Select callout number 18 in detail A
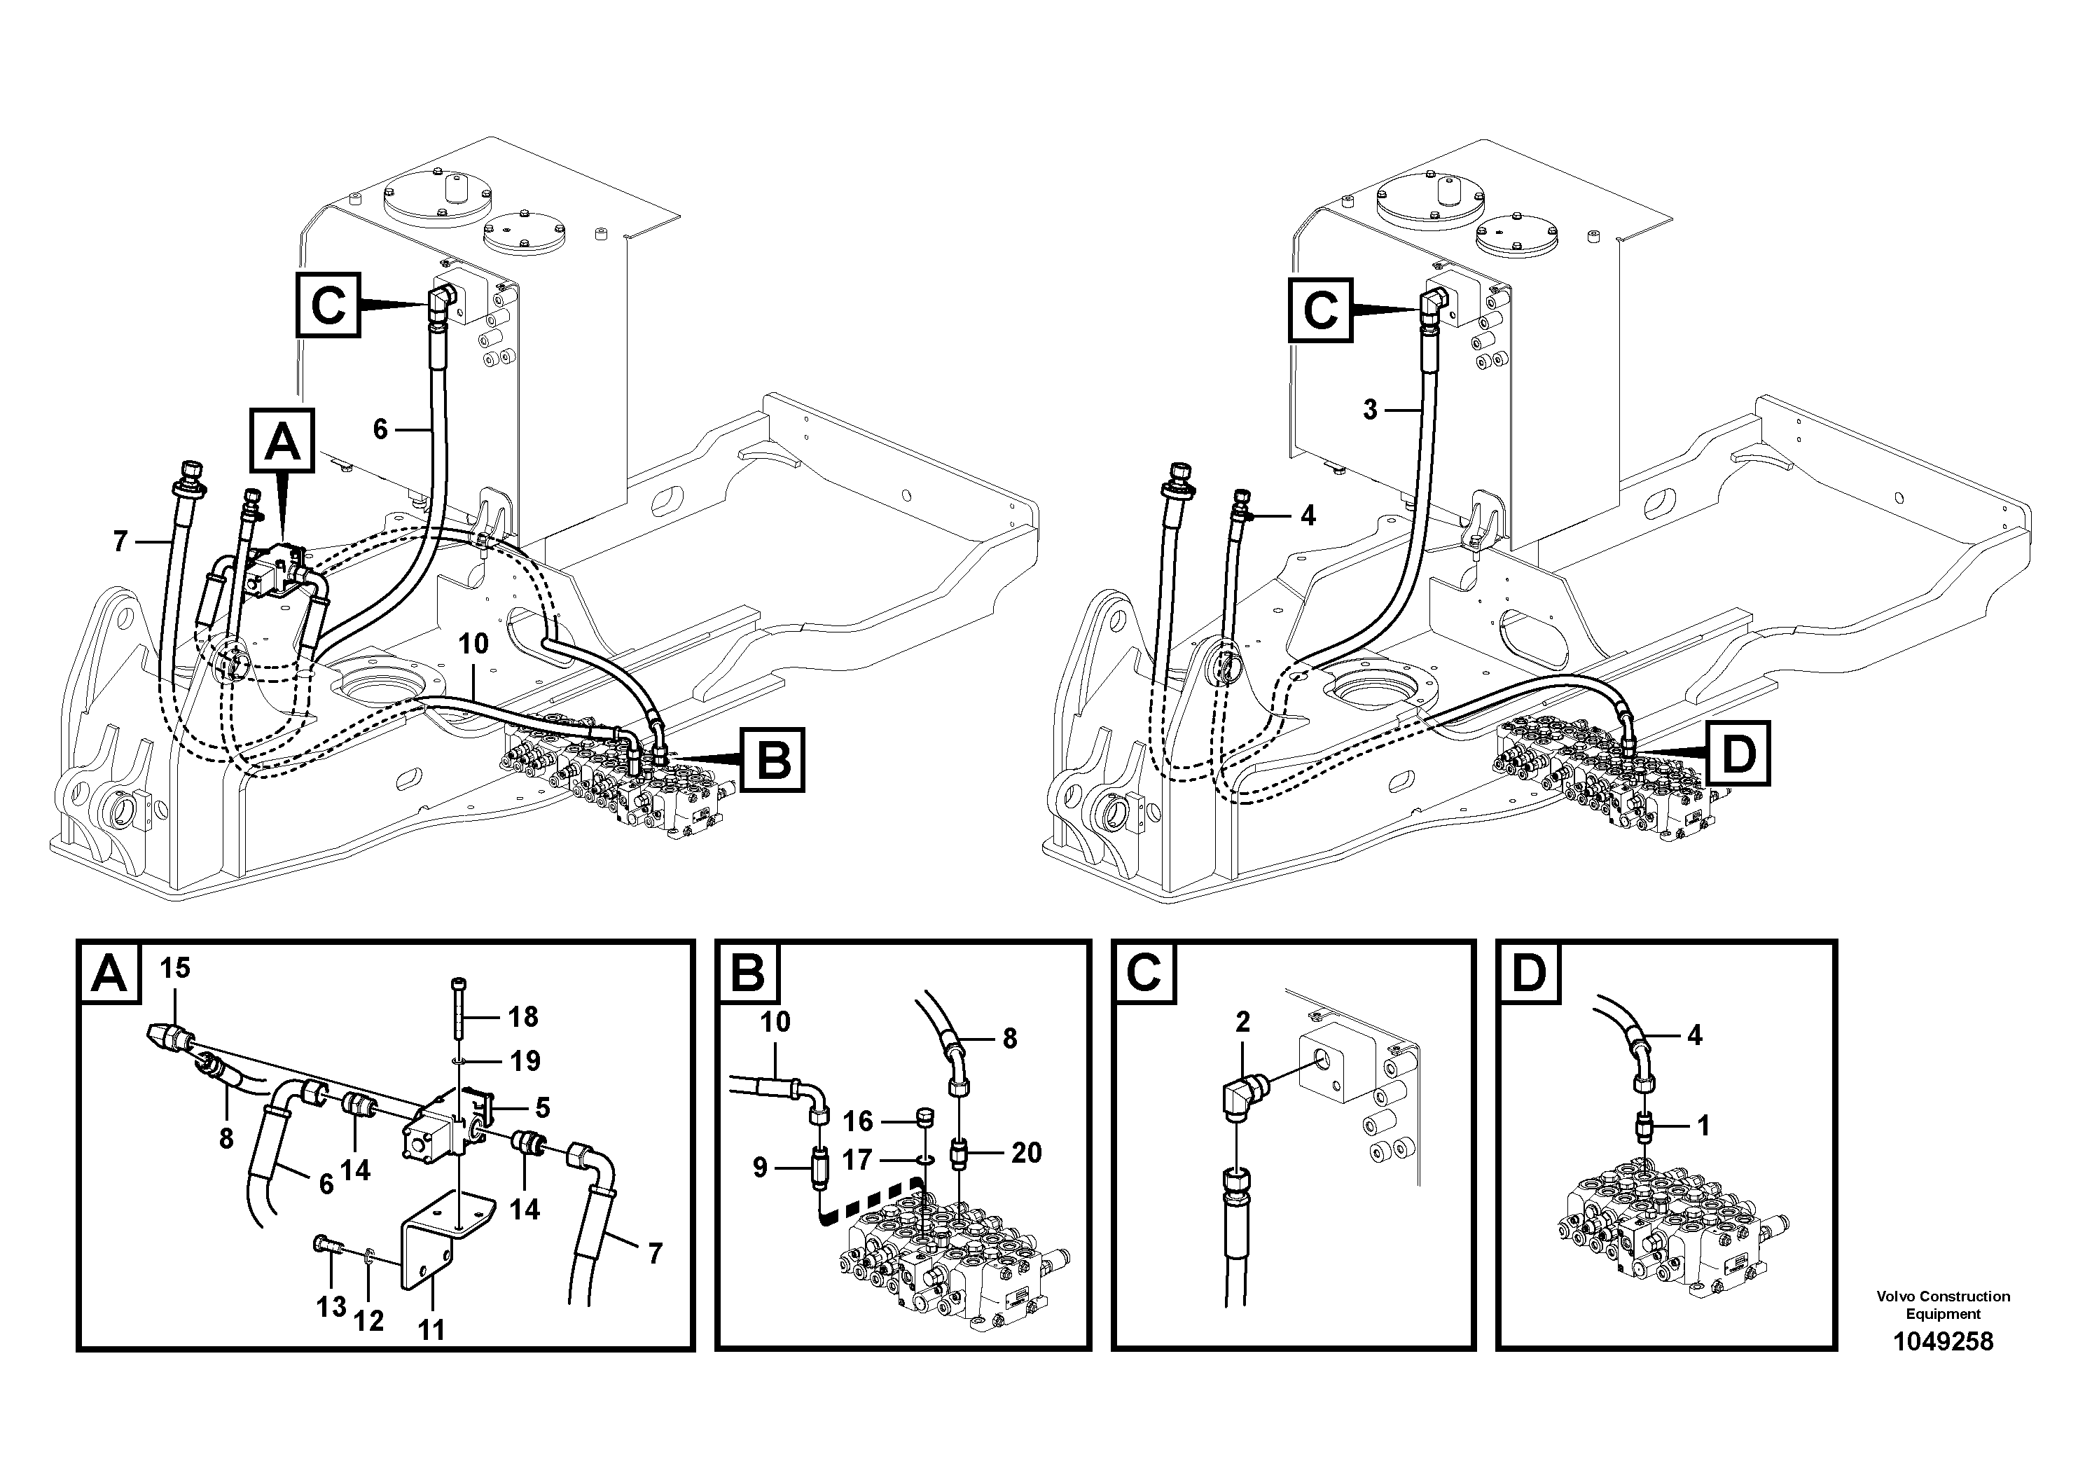[x=523, y=1016]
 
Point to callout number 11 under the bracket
[x=431, y=1329]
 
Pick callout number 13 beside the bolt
[x=331, y=1307]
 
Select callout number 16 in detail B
[x=857, y=1121]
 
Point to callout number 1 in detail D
[x=1703, y=1126]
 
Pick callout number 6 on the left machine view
[x=380, y=429]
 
